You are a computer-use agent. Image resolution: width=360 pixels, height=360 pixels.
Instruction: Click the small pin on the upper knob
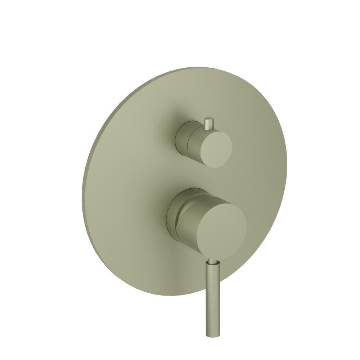208,124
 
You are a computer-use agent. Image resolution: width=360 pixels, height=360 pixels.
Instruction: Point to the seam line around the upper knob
188,142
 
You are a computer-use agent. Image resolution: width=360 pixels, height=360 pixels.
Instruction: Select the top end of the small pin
208,118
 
